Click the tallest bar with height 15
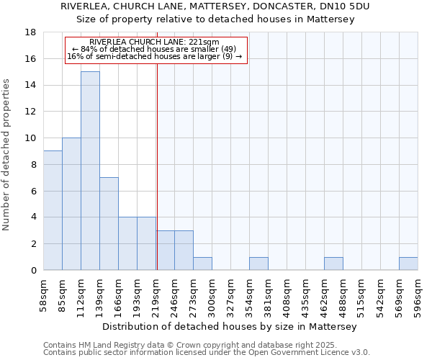pyautogui.click(x=90, y=171)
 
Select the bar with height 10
pyautogui.click(x=71, y=204)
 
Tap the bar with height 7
pyautogui.click(x=109, y=223)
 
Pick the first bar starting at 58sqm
pyautogui.click(x=53, y=210)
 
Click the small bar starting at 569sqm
pyautogui.click(x=408, y=264)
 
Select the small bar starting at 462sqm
pyautogui.click(x=333, y=264)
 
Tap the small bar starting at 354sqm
pyautogui.click(x=258, y=264)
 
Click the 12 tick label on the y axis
pyautogui.click(x=31, y=112)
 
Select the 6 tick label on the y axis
pyautogui.click(x=34, y=191)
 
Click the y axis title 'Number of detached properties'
pyautogui.click(x=7, y=155)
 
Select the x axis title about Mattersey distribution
pyautogui.click(x=230, y=326)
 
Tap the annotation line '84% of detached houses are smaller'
pyautogui.click(x=155, y=49)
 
